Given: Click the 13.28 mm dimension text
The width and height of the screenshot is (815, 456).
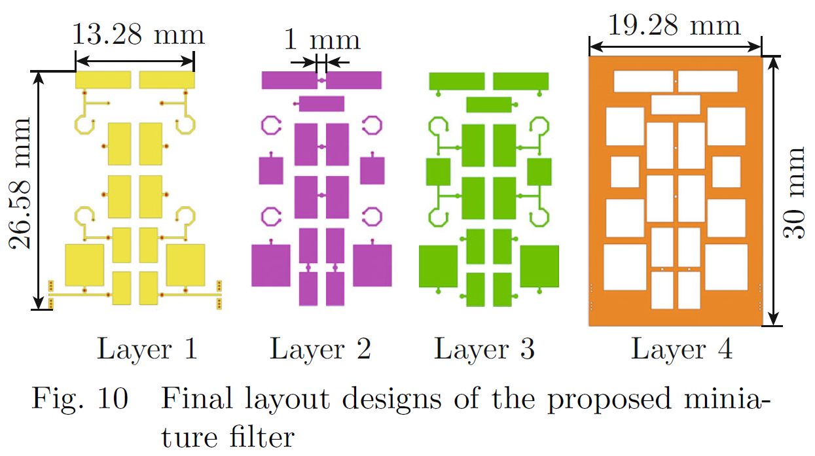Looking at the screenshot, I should tap(137, 35).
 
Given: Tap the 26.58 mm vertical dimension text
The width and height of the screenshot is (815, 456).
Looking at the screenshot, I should tap(22, 184).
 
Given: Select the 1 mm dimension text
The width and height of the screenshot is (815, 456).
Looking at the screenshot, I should tap(321, 41).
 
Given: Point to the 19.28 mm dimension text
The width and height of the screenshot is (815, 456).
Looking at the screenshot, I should tap(674, 26).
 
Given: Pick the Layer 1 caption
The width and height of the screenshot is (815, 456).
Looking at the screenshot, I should tap(147, 349).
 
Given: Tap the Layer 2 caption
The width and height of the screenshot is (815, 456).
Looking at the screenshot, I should tap(321, 349).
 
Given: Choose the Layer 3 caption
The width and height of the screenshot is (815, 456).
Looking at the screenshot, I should tap(484, 349).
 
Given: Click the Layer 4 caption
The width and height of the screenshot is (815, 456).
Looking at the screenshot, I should tap(681, 349).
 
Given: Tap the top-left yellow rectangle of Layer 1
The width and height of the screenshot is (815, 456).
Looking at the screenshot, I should tap(104, 80).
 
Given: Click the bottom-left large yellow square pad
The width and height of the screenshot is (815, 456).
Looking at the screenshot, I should tap(84, 265).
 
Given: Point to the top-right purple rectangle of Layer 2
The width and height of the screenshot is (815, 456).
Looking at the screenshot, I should tap(354, 80).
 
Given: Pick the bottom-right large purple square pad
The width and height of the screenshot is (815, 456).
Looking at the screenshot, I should tap(372, 265).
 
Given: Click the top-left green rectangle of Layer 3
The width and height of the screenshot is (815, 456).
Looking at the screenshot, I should tap(456, 80).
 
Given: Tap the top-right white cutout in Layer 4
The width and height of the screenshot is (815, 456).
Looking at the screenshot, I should tap(708, 81).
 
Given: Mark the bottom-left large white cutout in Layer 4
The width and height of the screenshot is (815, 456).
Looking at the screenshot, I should tap(625, 267).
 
